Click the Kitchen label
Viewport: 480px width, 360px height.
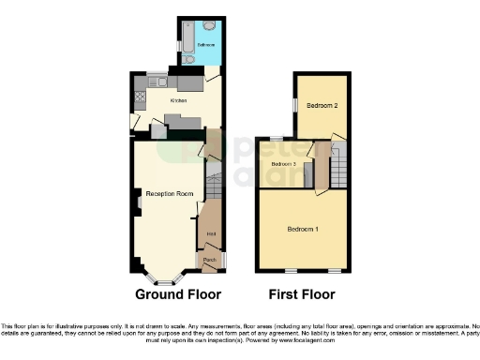tap(177, 100)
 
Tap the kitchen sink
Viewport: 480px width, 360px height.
tap(140, 97)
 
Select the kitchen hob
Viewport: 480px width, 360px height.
tap(140, 83)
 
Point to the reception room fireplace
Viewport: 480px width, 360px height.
tap(137, 200)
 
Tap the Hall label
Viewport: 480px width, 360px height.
tap(212, 232)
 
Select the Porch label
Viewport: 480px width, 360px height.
tap(210, 259)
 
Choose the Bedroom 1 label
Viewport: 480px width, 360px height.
tap(303, 230)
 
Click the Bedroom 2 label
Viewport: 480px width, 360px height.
tap(322, 105)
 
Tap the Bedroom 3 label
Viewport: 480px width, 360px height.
tap(284, 164)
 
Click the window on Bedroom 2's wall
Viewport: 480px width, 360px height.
tap(295, 105)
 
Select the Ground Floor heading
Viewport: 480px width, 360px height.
tap(178, 293)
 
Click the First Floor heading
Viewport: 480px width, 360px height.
tap(302, 293)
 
